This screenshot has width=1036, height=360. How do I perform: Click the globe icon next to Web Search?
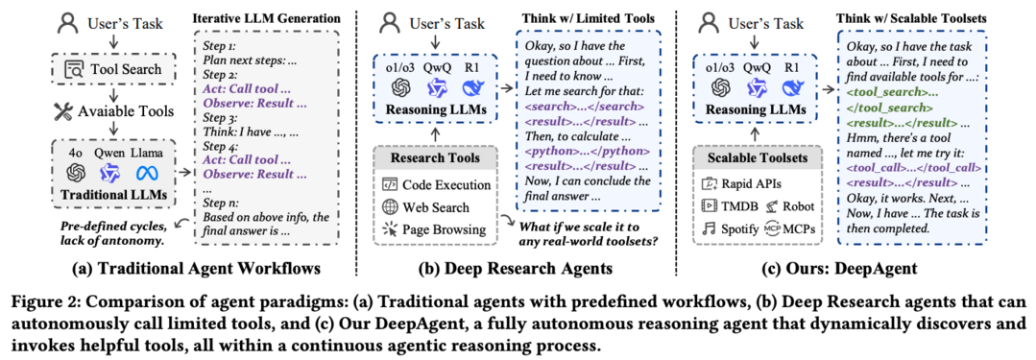coord(390,206)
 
